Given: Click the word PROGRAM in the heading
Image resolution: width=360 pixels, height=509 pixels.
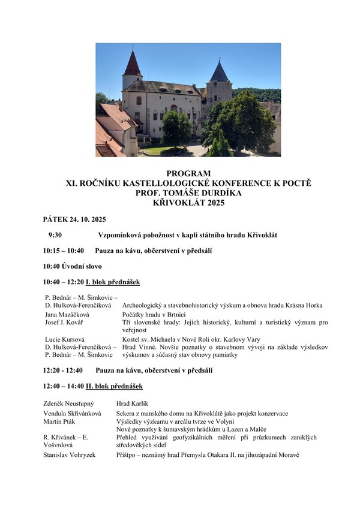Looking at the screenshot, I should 188,173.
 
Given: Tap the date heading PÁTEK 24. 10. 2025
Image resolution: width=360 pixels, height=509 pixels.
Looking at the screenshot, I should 74,219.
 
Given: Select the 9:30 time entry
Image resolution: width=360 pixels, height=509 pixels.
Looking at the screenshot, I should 55,235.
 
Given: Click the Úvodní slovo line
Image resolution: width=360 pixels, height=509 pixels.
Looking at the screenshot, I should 72,266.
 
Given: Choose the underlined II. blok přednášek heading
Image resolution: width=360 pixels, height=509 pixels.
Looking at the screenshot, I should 114,386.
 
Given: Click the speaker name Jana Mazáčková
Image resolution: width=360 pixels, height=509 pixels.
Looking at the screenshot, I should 67,314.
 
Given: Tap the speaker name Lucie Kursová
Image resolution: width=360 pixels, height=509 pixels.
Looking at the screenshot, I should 64,339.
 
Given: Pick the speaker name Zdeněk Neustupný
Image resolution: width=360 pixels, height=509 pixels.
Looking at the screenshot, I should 69,403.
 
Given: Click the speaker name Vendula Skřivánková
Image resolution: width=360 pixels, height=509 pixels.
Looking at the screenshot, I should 72,413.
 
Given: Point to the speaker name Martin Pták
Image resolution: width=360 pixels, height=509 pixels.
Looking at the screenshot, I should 58,421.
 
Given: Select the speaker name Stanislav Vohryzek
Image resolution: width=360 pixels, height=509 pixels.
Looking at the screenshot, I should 70,455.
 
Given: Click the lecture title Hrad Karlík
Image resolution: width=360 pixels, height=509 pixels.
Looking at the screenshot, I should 132,403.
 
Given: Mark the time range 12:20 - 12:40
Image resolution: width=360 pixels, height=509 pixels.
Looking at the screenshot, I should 63,371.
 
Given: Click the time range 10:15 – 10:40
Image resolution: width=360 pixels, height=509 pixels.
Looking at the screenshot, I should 64,251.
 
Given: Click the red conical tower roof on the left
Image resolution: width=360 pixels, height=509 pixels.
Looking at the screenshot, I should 132,64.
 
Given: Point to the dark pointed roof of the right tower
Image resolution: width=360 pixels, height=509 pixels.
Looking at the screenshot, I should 219,72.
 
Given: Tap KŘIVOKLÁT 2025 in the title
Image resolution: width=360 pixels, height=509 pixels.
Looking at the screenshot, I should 188,203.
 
